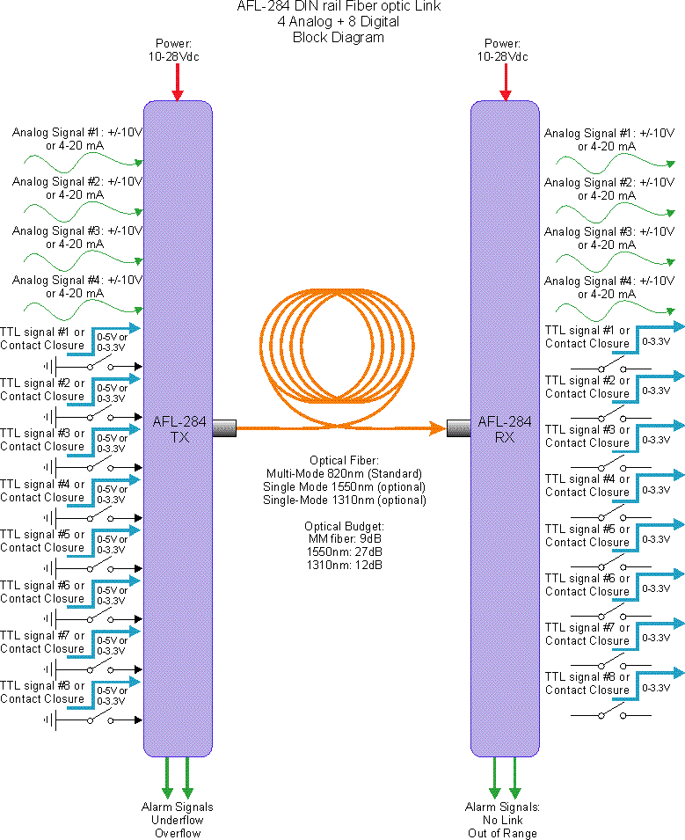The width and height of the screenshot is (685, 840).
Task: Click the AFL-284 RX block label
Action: tap(504, 428)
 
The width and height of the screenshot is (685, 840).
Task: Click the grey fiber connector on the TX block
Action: tap(224, 428)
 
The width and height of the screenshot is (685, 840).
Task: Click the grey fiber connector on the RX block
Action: tap(458, 428)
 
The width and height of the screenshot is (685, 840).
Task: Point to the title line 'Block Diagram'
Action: tap(338, 38)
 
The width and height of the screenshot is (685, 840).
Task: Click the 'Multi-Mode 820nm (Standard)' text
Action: tap(344, 474)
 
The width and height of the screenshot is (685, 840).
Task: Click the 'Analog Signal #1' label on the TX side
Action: tap(77, 133)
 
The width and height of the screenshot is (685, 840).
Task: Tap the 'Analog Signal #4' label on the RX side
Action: tap(609, 281)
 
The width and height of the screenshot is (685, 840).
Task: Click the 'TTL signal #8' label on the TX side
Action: tap(42, 685)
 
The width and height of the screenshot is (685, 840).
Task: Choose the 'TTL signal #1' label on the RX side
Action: tap(587, 331)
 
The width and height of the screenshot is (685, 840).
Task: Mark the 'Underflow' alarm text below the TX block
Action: tap(178, 820)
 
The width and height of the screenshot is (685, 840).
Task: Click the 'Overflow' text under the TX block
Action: tap(178, 833)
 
